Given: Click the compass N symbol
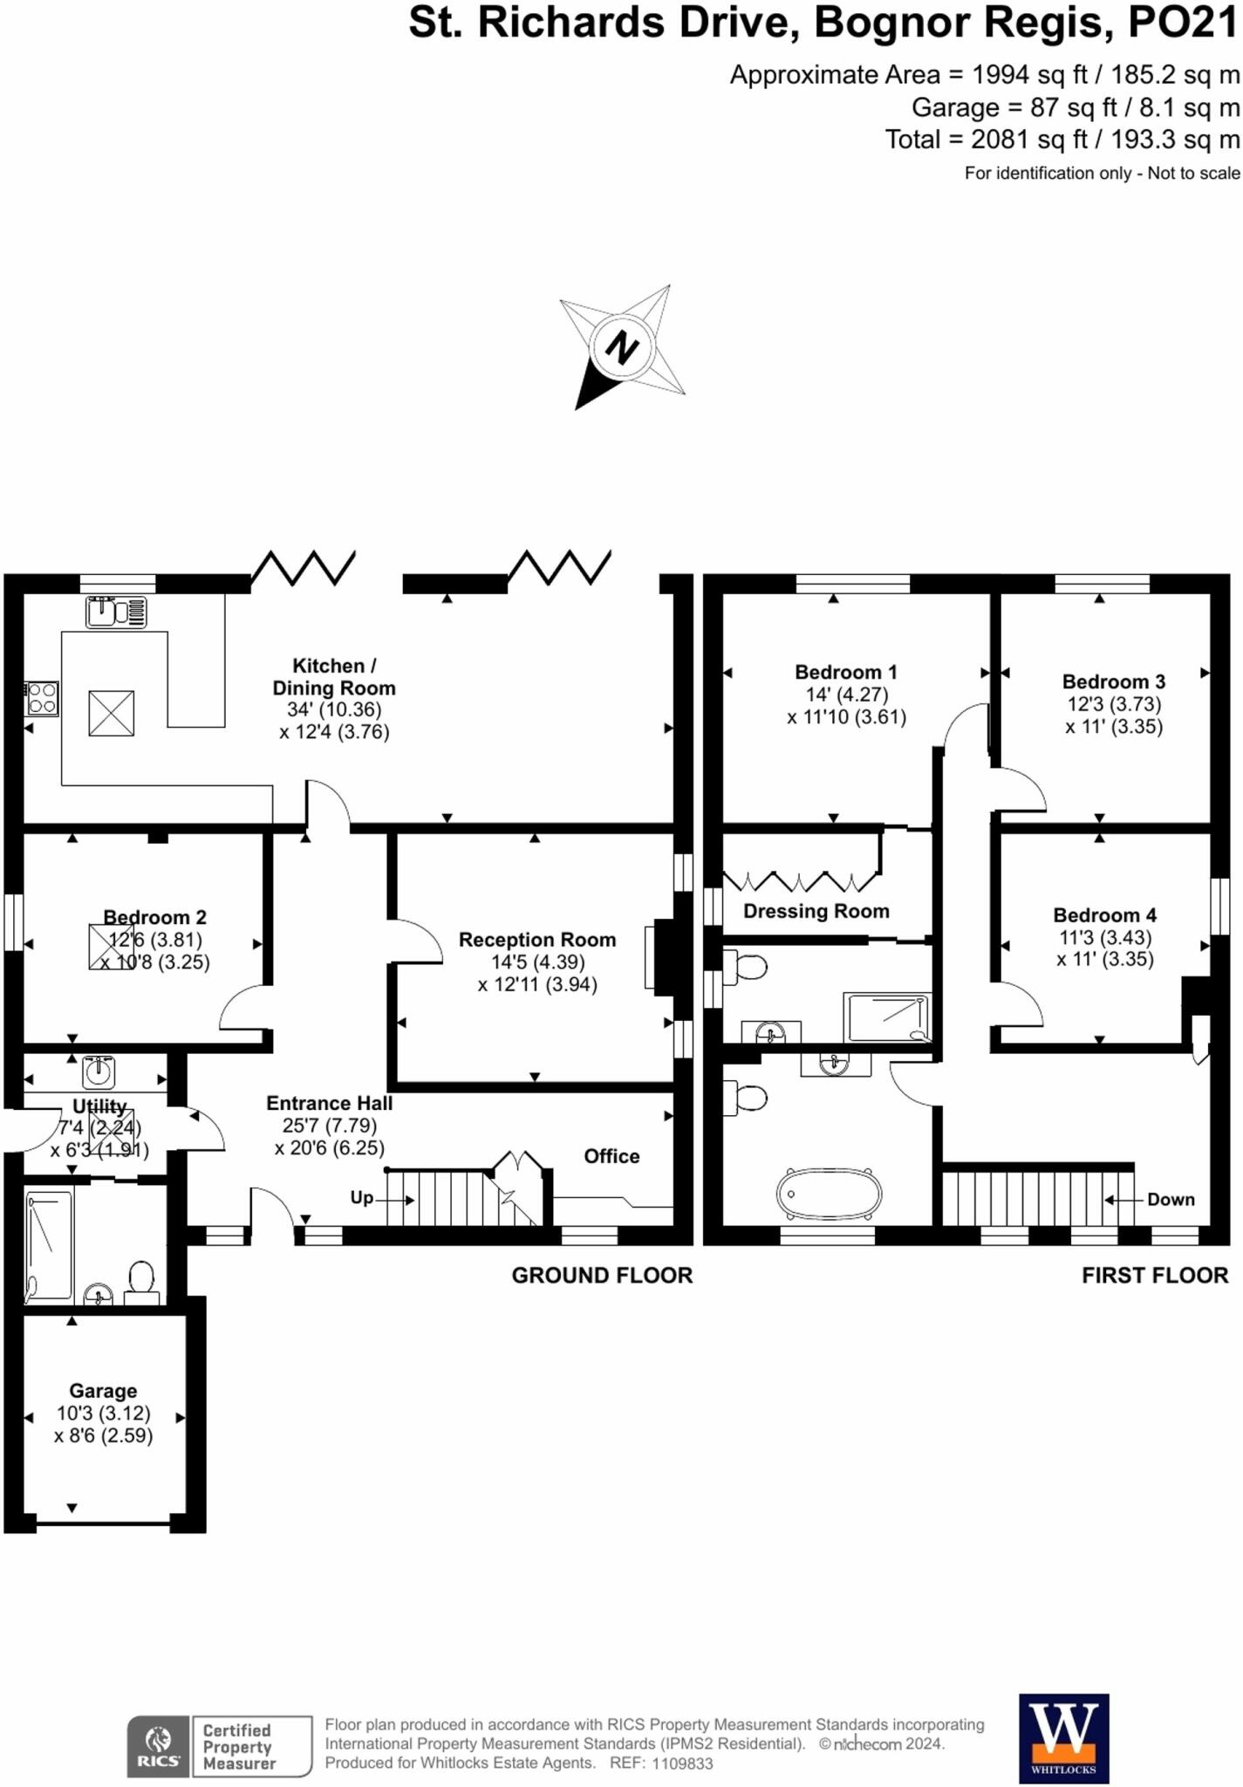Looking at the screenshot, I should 621,347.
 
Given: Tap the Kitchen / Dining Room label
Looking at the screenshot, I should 334,676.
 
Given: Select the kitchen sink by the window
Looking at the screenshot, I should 115,612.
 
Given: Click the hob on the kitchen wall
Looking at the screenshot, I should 42,698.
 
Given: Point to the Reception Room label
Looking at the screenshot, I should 537,940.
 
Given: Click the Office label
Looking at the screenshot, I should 611,1156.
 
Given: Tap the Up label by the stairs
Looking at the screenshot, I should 362,1197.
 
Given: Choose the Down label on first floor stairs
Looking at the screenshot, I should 1171,1200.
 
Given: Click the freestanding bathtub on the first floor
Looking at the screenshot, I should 830,1193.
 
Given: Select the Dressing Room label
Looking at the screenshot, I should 816,911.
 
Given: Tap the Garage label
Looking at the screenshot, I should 103,1391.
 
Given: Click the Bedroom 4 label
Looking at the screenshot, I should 1104,915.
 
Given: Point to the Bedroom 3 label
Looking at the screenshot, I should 1113,681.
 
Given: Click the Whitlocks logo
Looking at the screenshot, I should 1064,1738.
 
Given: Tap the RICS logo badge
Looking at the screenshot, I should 158,1745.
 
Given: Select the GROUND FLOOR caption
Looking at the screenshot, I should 602,1276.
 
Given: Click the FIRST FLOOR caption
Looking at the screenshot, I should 1155,1276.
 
